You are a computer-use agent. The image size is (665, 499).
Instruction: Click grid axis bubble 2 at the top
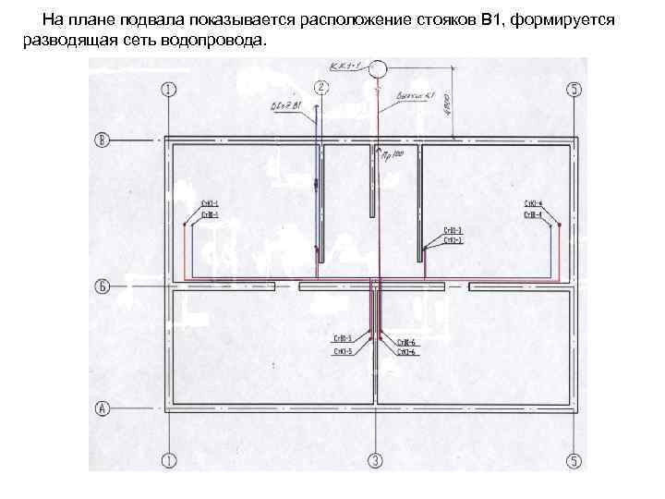[320, 88]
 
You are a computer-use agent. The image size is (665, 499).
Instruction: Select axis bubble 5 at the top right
[574, 89]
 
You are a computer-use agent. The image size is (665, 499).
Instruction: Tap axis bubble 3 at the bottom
[375, 459]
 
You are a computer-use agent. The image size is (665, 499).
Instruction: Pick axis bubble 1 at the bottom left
[168, 459]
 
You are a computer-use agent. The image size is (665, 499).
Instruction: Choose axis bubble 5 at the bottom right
[574, 459]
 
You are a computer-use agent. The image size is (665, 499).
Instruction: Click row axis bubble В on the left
[103, 140]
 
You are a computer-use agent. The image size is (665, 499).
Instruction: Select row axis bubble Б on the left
[103, 286]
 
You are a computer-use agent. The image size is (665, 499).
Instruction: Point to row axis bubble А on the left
[103, 407]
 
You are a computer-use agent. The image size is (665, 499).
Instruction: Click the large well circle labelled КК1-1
[378, 71]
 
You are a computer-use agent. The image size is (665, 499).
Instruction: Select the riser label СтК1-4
[533, 203]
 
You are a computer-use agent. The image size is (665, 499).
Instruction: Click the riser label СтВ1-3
[453, 230]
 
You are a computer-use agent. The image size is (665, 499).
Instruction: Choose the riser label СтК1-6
[406, 352]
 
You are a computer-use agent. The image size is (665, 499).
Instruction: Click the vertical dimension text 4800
[445, 103]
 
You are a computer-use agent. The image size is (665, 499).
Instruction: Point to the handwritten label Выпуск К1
[414, 96]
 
